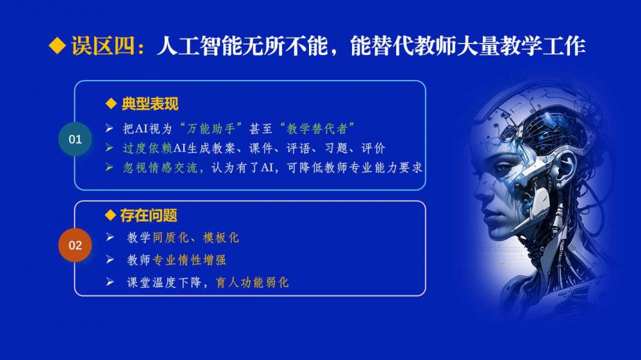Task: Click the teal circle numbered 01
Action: point(75,139)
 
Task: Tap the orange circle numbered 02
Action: point(75,245)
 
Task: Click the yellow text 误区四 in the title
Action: point(103,45)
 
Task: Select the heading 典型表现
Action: point(150,104)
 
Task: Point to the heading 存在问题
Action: point(149,215)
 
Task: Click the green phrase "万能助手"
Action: point(211,129)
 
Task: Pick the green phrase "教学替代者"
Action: point(317,129)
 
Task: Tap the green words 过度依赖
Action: point(147,148)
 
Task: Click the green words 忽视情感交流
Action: point(163,168)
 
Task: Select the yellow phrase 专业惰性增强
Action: point(189,260)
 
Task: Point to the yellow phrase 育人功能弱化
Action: point(252,282)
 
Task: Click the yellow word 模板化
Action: point(221,238)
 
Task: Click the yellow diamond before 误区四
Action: point(57,45)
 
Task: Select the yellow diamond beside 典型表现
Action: point(111,104)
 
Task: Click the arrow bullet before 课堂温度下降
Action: point(110,282)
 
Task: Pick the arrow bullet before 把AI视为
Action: point(109,128)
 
